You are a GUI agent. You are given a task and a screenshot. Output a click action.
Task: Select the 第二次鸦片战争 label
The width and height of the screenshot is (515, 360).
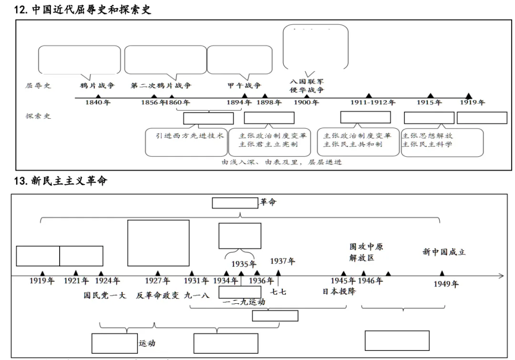tap(161, 86)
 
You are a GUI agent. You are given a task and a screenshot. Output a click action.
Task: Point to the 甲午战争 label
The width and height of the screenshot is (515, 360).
tap(244, 86)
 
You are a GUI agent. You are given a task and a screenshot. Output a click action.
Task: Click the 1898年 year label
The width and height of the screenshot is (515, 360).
tap(269, 103)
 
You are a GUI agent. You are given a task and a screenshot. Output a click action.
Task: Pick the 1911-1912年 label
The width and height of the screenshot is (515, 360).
tap(373, 103)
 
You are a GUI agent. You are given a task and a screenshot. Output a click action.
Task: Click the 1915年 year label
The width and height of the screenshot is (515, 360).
tap(430, 103)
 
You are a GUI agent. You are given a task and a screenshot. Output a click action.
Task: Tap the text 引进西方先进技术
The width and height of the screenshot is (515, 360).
tap(190, 135)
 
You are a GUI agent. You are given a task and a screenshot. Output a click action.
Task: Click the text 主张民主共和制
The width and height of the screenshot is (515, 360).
tap(353, 144)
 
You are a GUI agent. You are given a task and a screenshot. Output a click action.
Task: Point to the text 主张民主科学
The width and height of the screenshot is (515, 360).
tap(427, 144)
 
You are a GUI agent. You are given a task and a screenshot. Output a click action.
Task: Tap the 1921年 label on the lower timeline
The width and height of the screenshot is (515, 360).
tap(76, 281)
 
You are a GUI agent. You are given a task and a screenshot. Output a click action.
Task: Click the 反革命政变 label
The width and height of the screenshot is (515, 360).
tap(158, 295)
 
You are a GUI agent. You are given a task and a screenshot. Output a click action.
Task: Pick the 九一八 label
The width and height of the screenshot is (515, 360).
tap(196, 295)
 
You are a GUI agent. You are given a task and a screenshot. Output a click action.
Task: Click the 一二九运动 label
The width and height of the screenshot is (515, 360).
tap(244, 302)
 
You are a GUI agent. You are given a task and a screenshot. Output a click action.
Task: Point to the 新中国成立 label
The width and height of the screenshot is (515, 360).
tap(444, 252)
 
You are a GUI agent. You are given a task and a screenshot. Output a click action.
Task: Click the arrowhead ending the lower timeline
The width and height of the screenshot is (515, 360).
tap(501, 276)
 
